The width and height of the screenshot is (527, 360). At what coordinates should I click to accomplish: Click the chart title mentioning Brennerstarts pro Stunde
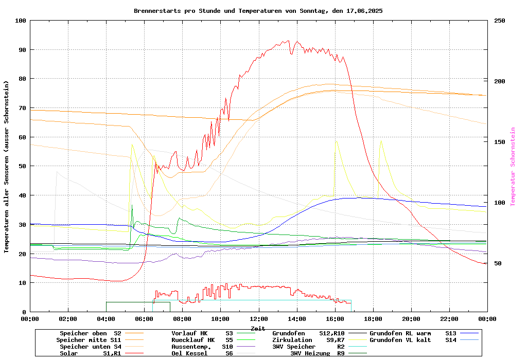[x=258, y=11]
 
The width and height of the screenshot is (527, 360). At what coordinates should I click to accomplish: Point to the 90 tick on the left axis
[x=21, y=50]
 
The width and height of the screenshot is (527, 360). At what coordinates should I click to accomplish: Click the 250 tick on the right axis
[x=500, y=21]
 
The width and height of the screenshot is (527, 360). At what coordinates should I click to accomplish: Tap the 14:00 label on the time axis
[x=296, y=319]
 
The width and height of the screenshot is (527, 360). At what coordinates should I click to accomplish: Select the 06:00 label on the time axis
[x=144, y=319]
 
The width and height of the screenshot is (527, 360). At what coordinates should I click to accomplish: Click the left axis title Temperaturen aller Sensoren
[x=7, y=167]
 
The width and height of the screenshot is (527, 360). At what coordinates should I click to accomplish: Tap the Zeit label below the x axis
[x=258, y=328]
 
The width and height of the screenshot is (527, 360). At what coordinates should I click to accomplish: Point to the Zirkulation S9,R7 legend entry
[x=308, y=340]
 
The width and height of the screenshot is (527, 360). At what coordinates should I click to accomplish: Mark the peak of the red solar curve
[x=289, y=41]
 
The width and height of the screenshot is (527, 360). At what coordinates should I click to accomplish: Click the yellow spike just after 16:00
[x=336, y=141]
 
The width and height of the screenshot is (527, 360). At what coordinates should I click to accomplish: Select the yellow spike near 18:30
[x=381, y=141]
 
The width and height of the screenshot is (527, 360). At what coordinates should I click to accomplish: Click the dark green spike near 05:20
[x=132, y=205]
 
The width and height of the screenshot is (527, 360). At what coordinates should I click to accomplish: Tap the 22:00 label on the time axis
[x=449, y=319]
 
